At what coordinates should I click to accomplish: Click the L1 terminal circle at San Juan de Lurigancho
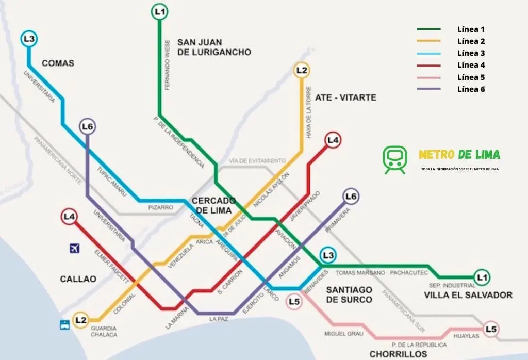point(160,11)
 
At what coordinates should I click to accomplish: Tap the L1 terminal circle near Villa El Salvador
point(482,278)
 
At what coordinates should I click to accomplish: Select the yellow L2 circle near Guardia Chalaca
point(80,320)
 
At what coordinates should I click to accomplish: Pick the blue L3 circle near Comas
point(29,39)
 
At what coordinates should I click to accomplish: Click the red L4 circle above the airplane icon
point(69,217)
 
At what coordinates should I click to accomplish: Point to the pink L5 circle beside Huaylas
point(491,329)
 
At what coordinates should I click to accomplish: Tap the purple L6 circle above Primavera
point(351,197)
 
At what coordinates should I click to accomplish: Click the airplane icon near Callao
point(74,249)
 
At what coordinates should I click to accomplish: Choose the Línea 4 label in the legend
point(471,65)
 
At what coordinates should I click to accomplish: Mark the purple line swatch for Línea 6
point(428,89)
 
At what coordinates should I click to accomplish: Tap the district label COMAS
point(58,63)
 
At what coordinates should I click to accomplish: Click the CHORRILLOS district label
point(398,354)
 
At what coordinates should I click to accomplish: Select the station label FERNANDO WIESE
point(167,64)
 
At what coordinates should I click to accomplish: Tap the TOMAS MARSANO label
point(360,272)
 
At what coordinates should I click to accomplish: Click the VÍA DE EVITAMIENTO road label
point(257,161)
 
